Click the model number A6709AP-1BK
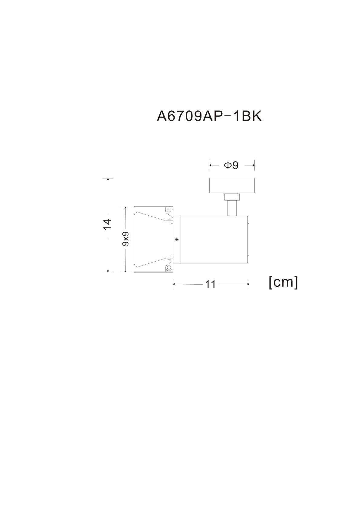point(209,116)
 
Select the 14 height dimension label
point(107,225)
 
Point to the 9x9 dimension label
point(125,239)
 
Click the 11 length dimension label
point(210,284)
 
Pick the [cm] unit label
point(283,282)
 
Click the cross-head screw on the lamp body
point(177,239)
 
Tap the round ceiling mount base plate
point(232,185)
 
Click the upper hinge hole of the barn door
point(169,211)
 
